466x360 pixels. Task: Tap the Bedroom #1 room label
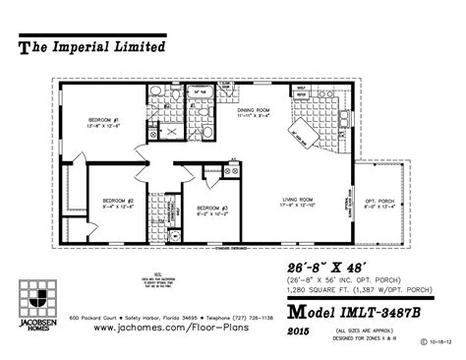(101, 122)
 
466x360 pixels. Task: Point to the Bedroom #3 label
(211, 208)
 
